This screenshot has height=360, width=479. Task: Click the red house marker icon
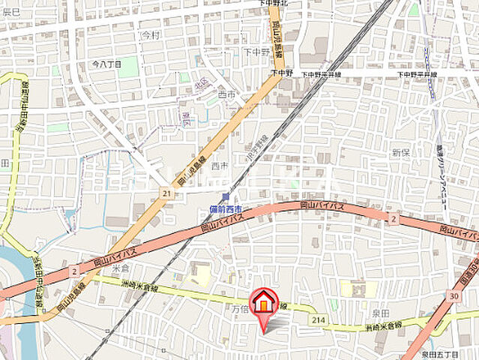[x=263, y=303]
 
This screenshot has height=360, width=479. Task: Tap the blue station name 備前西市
[x=225, y=209]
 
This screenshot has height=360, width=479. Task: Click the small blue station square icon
[x=225, y=197]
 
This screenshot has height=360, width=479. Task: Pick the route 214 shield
[x=319, y=320]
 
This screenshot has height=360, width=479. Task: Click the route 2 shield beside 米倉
[x=74, y=269]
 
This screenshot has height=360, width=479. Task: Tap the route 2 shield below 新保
[x=392, y=218]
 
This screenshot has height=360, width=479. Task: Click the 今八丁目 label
[x=106, y=65]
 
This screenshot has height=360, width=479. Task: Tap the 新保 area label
[x=400, y=152]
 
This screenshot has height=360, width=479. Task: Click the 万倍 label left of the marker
[x=238, y=307]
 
